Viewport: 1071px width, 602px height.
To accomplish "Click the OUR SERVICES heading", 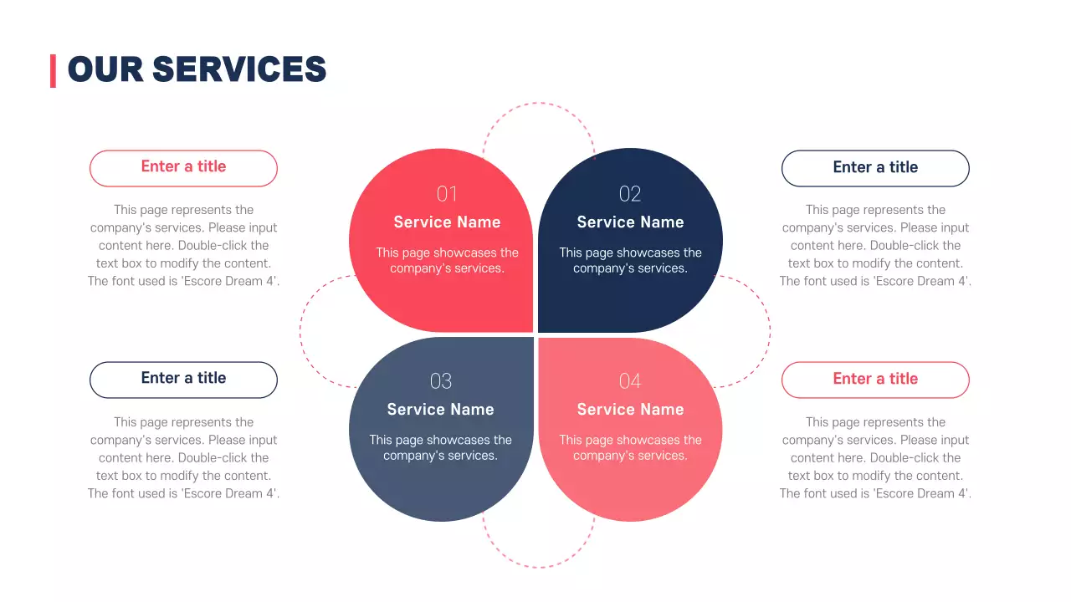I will pyautogui.click(x=197, y=69).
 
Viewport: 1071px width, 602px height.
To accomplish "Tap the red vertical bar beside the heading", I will pyautogui.click(x=53, y=70).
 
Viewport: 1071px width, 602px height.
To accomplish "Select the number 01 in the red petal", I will pyautogui.click(x=447, y=194).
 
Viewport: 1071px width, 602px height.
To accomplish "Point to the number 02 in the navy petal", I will pyautogui.click(x=630, y=194).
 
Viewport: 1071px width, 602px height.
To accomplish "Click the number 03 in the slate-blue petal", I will pyautogui.click(x=440, y=381).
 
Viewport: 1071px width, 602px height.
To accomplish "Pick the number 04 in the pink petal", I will pyautogui.click(x=630, y=381).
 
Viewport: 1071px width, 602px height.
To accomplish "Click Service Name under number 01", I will pyautogui.click(x=447, y=222).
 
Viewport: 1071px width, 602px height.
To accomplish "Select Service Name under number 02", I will pyautogui.click(x=630, y=222).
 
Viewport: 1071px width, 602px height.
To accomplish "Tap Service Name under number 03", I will pyautogui.click(x=440, y=410).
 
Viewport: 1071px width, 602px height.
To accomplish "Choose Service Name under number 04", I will pyautogui.click(x=630, y=410).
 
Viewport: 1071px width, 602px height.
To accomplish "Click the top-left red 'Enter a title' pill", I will pyautogui.click(x=183, y=167).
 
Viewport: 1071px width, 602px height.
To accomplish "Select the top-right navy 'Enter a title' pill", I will pyautogui.click(x=875, y=168).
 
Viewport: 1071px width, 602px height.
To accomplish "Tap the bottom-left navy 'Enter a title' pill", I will pyautogui.click(x=183, y=379).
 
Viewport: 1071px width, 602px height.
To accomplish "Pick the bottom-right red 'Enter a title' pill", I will pyautogui.click(x=875, y=380).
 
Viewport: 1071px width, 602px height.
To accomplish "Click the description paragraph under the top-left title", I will pyautogui.click(x=183, y=246).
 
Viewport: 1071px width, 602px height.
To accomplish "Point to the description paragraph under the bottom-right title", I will pyautogui.click(x=875, y=458).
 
